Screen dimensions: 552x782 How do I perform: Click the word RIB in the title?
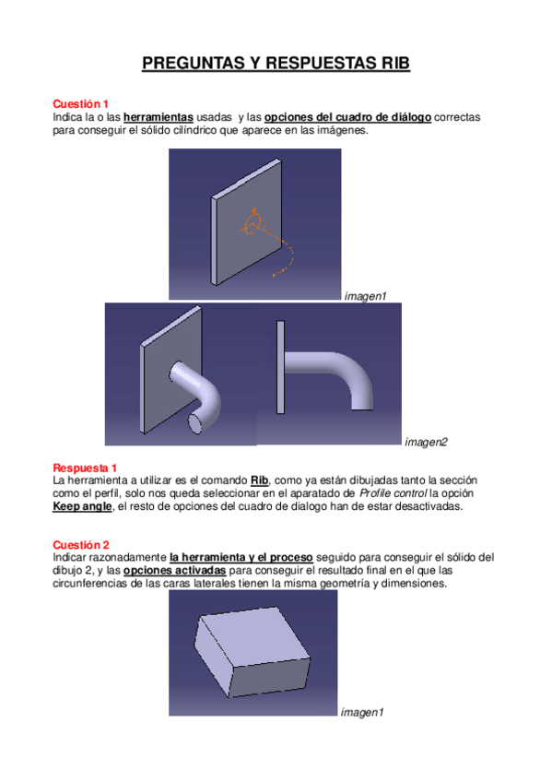395,63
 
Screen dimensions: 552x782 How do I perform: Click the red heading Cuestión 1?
81,103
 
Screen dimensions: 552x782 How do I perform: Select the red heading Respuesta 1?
85,468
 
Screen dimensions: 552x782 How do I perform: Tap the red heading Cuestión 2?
81,545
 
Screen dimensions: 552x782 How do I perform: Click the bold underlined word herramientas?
159,117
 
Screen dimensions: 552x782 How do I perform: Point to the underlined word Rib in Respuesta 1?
259,480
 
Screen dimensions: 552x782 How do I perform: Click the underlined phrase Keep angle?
82,506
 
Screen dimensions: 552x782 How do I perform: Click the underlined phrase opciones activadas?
175,571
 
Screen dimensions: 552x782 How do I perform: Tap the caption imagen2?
426,442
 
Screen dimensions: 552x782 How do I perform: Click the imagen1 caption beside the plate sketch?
366,296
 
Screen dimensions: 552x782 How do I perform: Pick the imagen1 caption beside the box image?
362,712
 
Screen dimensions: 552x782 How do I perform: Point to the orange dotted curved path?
291,257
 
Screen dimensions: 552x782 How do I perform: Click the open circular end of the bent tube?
195,423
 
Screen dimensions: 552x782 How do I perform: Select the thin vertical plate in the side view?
280,367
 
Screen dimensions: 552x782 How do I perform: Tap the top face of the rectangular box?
253,636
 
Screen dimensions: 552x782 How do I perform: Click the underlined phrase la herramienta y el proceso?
241,558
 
